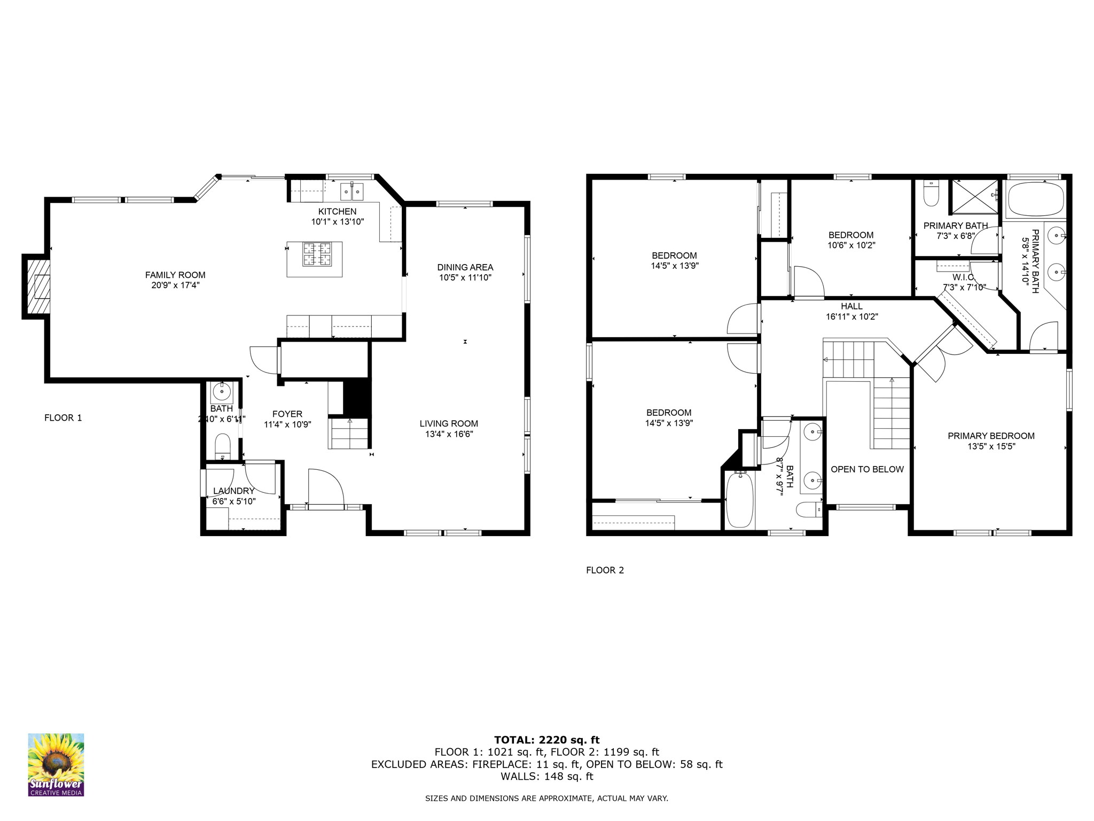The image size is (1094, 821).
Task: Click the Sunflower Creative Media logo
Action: [56, 764]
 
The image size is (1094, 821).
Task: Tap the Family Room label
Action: [175, 275]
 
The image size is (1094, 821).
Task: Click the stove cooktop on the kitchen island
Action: [317, 254]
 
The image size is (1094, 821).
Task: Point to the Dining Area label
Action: [465, 267]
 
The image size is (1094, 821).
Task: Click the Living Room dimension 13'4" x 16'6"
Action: [449, 434]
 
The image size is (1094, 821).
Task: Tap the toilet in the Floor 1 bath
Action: [223, 446]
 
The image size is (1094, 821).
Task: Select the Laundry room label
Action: [234, 491]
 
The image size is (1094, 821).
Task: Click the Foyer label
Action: [287, 414]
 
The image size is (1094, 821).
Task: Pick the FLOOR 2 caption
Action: [605, 570]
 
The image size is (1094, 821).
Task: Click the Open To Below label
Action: [867, 469]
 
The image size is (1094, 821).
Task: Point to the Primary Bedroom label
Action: [991, 436]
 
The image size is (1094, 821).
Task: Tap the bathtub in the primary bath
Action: [1035, 199]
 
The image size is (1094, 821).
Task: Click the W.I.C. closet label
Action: [964, 277]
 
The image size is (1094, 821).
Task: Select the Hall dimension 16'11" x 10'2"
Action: [851, 316]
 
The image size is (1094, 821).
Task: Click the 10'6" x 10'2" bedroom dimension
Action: [851, 245]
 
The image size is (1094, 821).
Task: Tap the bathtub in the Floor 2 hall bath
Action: [740, 500]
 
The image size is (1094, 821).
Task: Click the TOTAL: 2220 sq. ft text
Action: [546, 740]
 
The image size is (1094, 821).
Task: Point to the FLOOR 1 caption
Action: [63, 417]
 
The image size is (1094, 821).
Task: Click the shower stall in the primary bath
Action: [974, 197]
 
